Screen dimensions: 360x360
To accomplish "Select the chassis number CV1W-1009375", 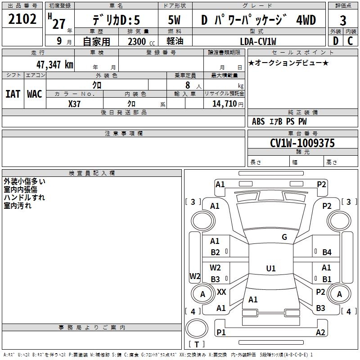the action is coord(302,143).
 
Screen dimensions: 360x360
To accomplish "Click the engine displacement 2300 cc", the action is coord(139,41).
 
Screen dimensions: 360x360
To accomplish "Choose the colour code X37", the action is coord(74,103).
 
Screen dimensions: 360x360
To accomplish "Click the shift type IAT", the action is coord(13,94).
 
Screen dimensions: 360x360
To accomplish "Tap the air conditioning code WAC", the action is coord(35,94).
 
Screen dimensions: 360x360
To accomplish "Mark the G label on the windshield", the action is coord(284,237).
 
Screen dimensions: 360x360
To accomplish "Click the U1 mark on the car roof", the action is coord(270,269).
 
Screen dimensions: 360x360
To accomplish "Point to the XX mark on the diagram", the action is coord(221,292).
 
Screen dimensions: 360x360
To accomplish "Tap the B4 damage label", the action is coord(327,252).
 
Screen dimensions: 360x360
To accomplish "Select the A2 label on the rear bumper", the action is coord(320,333).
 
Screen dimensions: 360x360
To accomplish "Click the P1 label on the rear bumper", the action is coord(221,333).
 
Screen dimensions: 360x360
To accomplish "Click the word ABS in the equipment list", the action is coord(258,121).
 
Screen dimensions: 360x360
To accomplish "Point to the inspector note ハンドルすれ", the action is coord(24,198).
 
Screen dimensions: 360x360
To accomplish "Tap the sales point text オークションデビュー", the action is coord(288,63).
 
